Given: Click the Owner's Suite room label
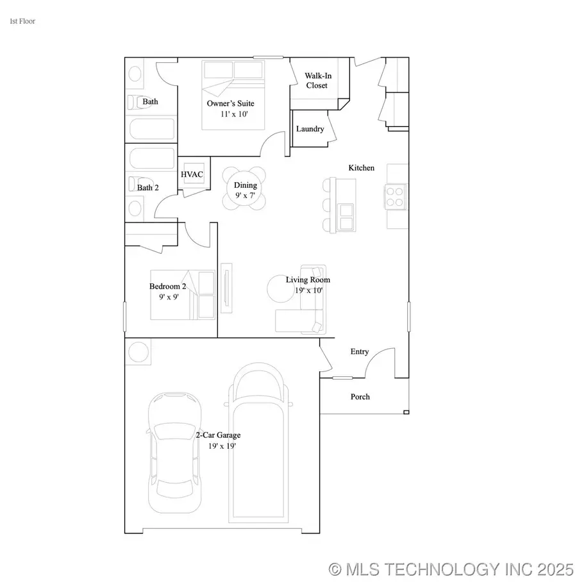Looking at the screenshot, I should [x=230, y=103].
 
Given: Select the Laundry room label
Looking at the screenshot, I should [x=310, y=129].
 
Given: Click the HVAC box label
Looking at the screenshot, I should [x=192, y=174].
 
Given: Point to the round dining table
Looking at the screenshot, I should [x=244, y=187].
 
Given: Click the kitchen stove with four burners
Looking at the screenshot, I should [x=395, y=197].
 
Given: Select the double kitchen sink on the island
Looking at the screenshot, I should [x=347, y=217].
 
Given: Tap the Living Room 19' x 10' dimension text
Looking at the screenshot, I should [x=308, y=290].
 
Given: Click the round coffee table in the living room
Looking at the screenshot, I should [x=283, y=289].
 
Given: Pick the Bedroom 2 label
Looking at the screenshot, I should [x=168, y=286].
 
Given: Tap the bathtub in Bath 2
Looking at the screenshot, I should [x=151, y=157].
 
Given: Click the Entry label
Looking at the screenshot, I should [x=360, y=351].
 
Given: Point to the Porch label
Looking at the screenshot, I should [x=360, y=397].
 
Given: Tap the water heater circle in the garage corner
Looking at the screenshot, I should [x=139, y=351].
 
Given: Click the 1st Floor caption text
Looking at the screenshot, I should [x=22, y=21].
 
